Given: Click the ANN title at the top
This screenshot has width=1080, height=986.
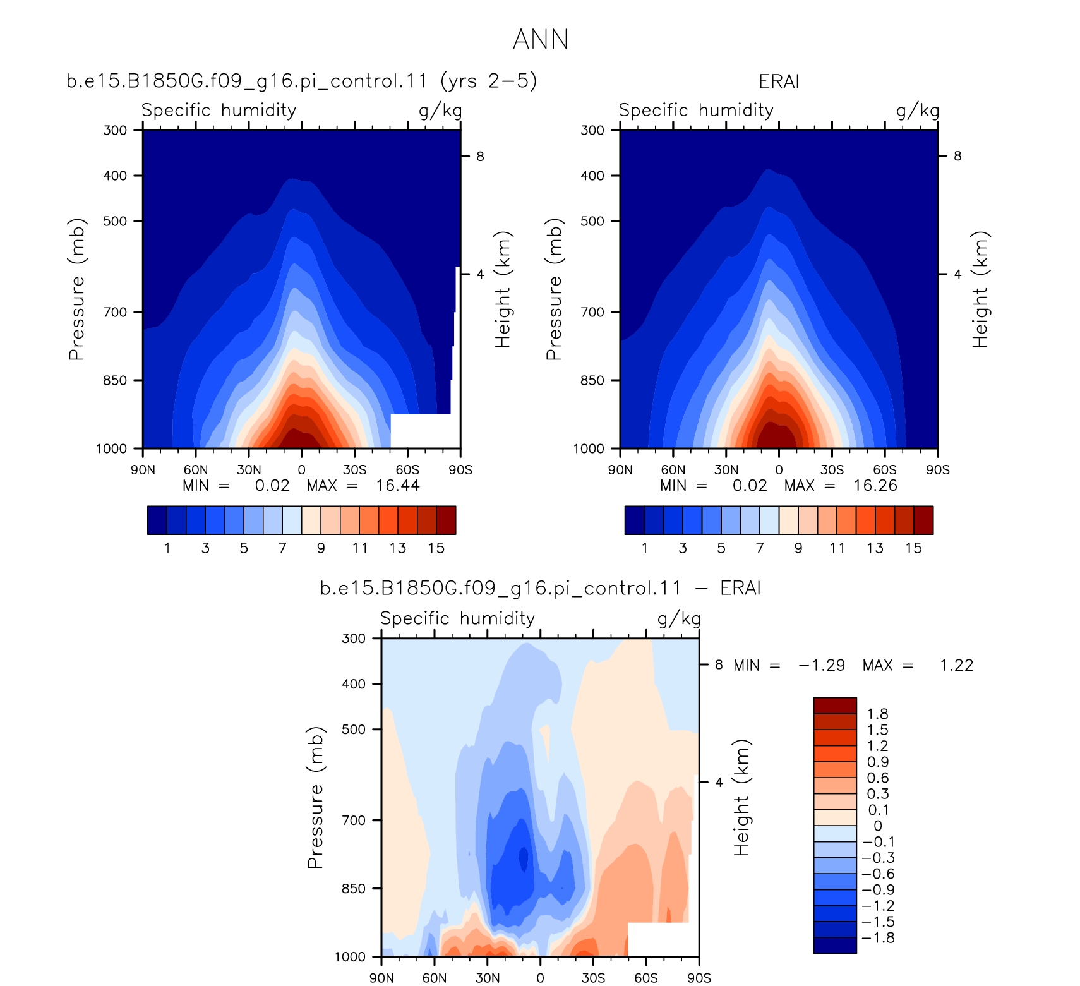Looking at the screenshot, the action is (541, 39).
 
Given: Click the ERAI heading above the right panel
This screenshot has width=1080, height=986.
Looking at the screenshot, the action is (779, 81).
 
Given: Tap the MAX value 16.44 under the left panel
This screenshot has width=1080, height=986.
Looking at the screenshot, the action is (398, 485).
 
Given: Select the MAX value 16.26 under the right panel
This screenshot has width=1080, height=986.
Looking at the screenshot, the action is (875, 485).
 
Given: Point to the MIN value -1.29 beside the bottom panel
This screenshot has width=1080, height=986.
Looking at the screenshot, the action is (822, 665).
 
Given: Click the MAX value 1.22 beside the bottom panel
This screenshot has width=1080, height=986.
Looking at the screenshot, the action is (956, 665).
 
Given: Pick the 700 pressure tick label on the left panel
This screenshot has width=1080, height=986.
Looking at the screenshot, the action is (115, 312).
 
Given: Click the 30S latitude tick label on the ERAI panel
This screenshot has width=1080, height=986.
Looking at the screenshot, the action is (832, 470).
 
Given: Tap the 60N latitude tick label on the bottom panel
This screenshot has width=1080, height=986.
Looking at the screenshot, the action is (435, 978).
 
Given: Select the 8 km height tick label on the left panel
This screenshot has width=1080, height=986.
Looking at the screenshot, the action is (480, 156).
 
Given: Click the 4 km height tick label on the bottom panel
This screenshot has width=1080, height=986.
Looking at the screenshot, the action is (719, 782).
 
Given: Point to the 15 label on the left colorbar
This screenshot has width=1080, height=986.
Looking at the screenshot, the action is (436, 548).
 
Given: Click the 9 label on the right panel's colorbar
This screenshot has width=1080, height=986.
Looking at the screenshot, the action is (798, 548).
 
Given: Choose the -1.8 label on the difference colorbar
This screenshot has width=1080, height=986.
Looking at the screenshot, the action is (879, 937).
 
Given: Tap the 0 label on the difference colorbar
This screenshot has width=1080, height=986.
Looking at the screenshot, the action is (878, 826).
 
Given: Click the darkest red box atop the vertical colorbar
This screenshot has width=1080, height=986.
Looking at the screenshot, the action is (835, 706).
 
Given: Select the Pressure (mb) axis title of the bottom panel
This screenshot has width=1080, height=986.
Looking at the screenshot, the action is (315, 797).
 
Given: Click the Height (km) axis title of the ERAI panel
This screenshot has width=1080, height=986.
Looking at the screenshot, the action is (980, 289).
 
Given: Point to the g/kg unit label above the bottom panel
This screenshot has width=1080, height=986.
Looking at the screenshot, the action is (679, 618).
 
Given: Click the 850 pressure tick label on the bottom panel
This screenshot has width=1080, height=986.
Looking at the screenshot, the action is (354, 888).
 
